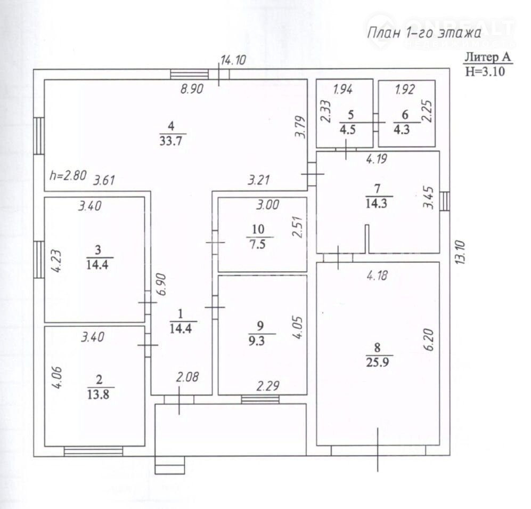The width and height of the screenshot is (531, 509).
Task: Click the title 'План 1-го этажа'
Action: coord(424,33)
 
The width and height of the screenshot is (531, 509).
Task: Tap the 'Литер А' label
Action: coord(487,56)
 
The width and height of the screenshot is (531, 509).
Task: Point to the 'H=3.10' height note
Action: coord(485,71)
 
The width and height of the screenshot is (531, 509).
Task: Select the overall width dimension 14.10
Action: coord(233,60)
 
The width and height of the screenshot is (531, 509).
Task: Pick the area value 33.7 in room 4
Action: coord(171,140)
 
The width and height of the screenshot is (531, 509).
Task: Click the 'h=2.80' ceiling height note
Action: coord(68,175)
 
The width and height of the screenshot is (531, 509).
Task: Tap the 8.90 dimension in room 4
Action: coord(192,89)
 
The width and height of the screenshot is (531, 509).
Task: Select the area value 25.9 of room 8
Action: coord(377,362)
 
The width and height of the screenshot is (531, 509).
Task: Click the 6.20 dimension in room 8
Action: coord(428,340)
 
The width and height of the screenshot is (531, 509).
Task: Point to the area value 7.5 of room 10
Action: coord(258,244)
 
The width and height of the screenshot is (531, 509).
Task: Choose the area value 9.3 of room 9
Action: coord(257,341)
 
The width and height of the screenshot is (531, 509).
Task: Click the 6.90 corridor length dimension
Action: coord(162,284)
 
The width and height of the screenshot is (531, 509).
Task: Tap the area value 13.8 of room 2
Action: coord(98,394)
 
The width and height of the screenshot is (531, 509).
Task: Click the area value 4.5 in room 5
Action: coord(348,130)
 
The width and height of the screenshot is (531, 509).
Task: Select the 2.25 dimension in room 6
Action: coord(428,110)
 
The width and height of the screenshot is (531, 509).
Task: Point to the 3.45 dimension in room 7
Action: coord(428,198)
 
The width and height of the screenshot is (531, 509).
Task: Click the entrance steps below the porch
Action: coord(170,465)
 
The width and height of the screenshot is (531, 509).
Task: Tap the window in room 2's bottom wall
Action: coord(93,451)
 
